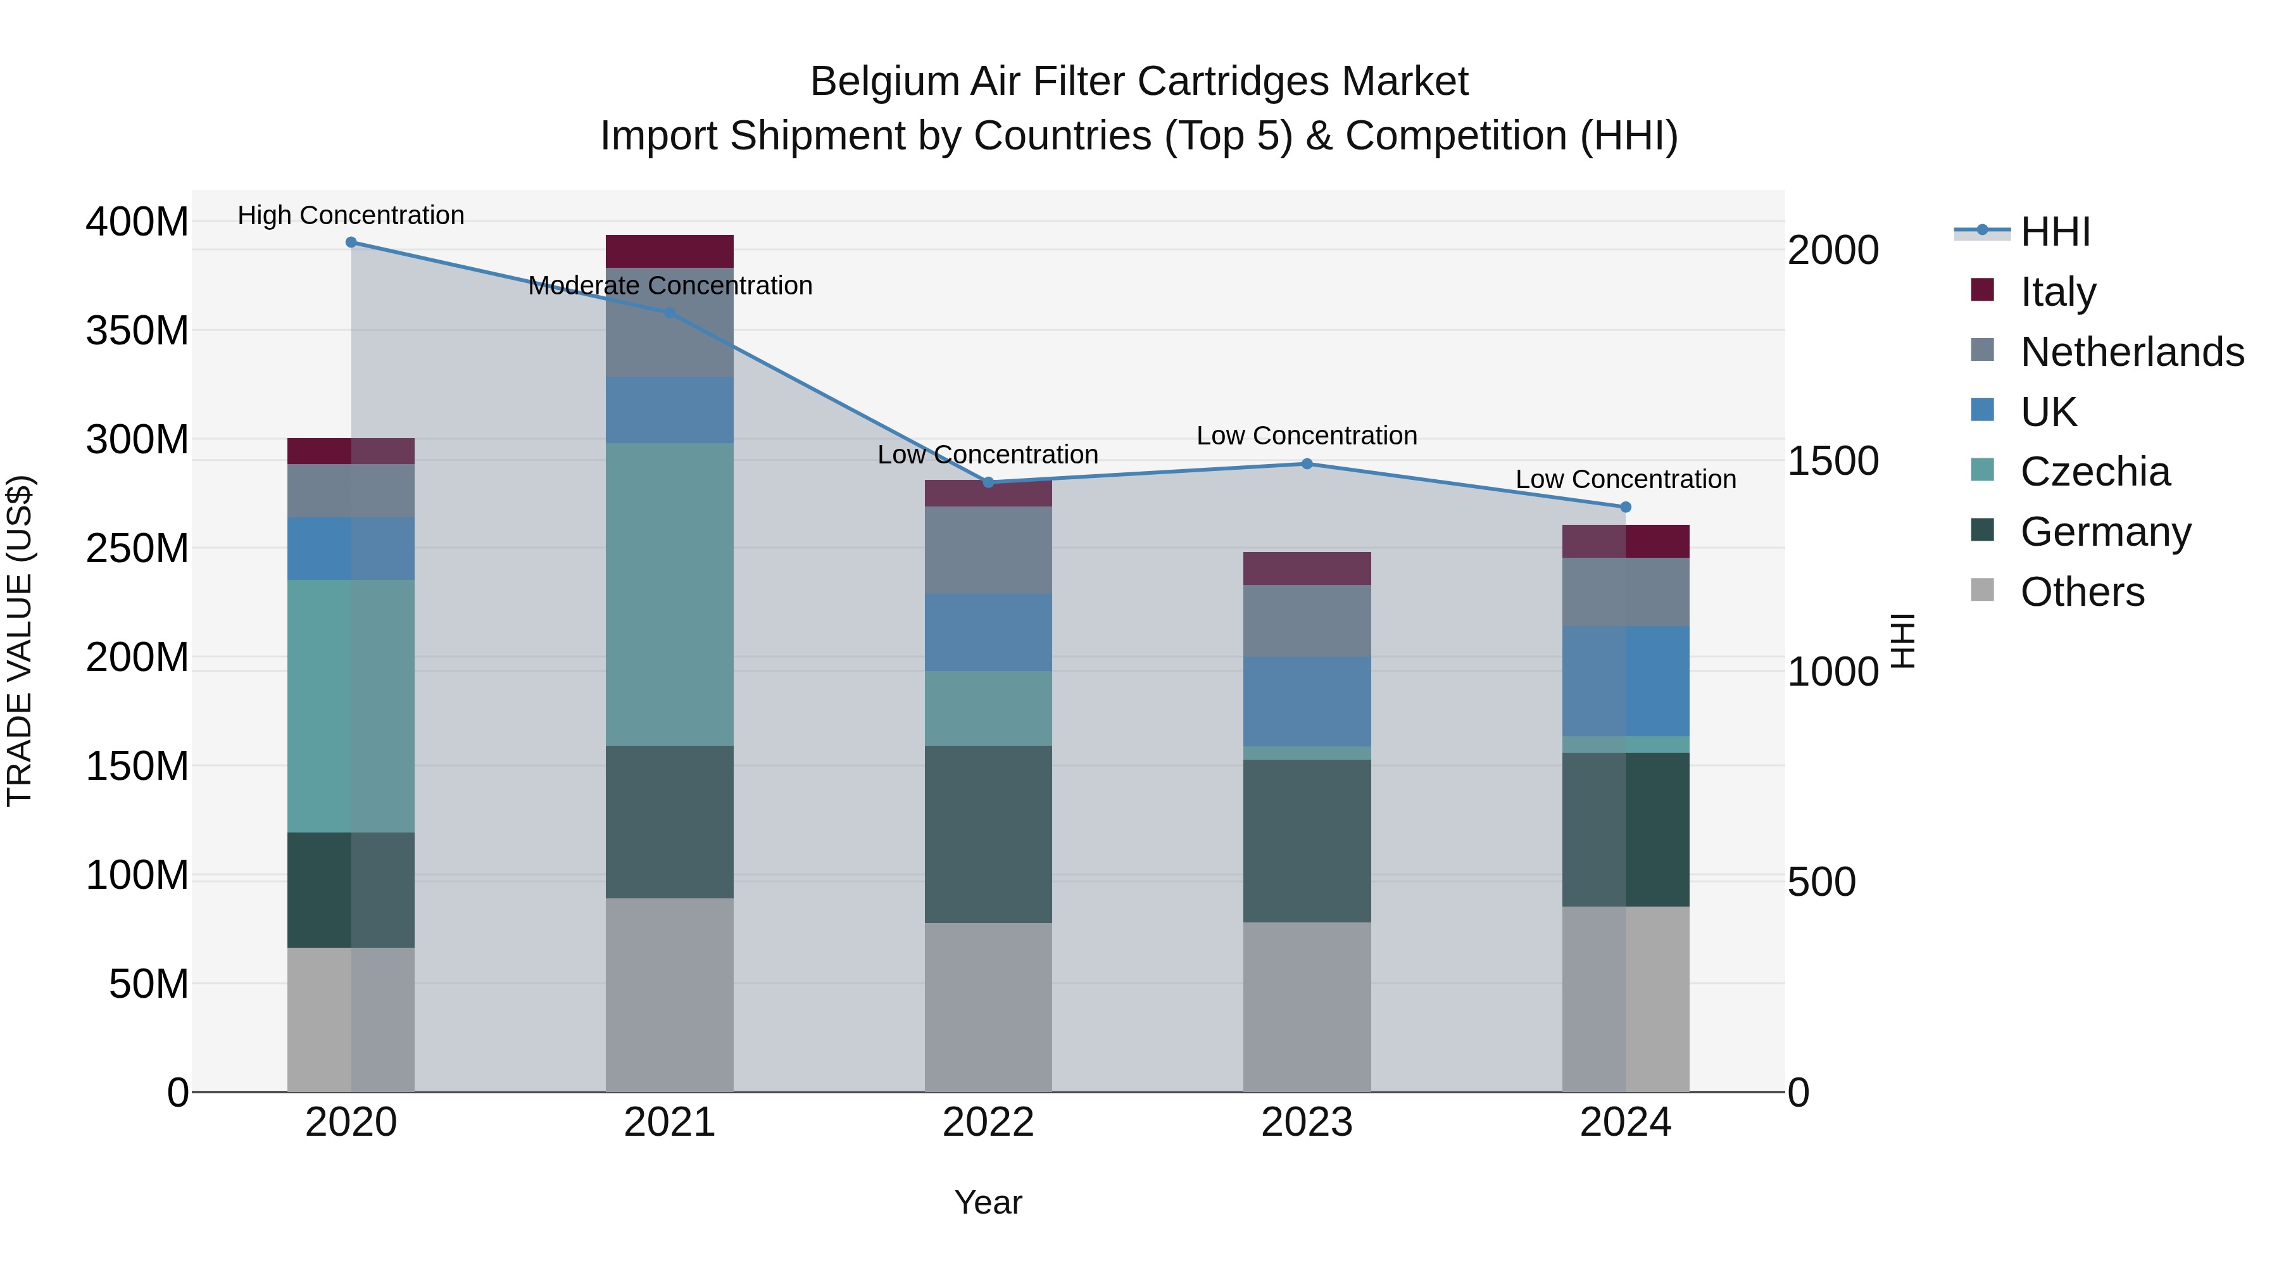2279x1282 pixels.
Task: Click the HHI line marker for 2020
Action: click(351, 242)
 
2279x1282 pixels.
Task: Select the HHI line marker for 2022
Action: click(988, 482)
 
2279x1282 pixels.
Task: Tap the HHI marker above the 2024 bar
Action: click(1625, 507)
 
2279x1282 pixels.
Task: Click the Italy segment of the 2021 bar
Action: click(670, 251)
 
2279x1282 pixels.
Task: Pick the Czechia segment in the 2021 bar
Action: click(670, 594)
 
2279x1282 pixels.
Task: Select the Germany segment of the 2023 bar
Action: click(1307, 841)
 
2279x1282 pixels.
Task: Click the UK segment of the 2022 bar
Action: click(988, 632)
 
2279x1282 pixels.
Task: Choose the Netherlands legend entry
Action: click(2132, 352)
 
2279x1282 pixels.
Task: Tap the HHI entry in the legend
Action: click(2055, 232)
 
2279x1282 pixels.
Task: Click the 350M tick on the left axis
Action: click(137, 331)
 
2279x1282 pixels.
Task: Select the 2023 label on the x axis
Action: click(1307, 1122)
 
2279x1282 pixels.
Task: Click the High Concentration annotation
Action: click(351, 215)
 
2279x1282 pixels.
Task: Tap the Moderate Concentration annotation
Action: click(670, 286)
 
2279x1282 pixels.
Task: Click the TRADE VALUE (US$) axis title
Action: click(20, 641)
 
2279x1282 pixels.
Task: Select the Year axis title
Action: click(988, 1202)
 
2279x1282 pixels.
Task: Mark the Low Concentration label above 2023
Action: click(1307, 436)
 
